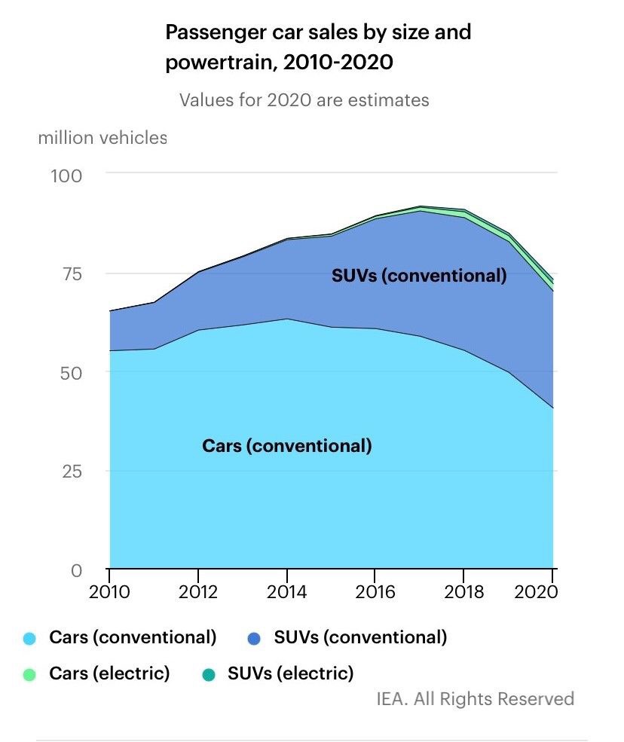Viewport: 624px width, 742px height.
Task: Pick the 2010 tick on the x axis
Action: click(110, 592)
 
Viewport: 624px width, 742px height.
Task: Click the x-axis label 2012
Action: click(197, 592)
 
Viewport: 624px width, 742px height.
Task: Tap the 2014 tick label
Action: click(286, 592)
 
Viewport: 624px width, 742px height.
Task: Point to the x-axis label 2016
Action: click(375, 592)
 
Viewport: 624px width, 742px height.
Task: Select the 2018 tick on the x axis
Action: click(463, 592)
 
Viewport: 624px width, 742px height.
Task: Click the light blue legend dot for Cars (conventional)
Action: click(30, 639)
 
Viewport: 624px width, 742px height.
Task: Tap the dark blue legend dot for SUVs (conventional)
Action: click(255, 639)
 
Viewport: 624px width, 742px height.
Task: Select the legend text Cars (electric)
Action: click(109, 673)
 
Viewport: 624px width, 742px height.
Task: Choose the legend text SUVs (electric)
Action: click(290, 673)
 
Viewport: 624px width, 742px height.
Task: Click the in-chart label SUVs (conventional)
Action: click(419, 276)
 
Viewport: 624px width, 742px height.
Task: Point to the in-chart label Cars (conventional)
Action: click(287, 445)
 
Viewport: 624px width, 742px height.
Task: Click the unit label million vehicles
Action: click(102, 138)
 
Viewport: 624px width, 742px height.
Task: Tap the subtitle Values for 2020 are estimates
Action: click(304, 99)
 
